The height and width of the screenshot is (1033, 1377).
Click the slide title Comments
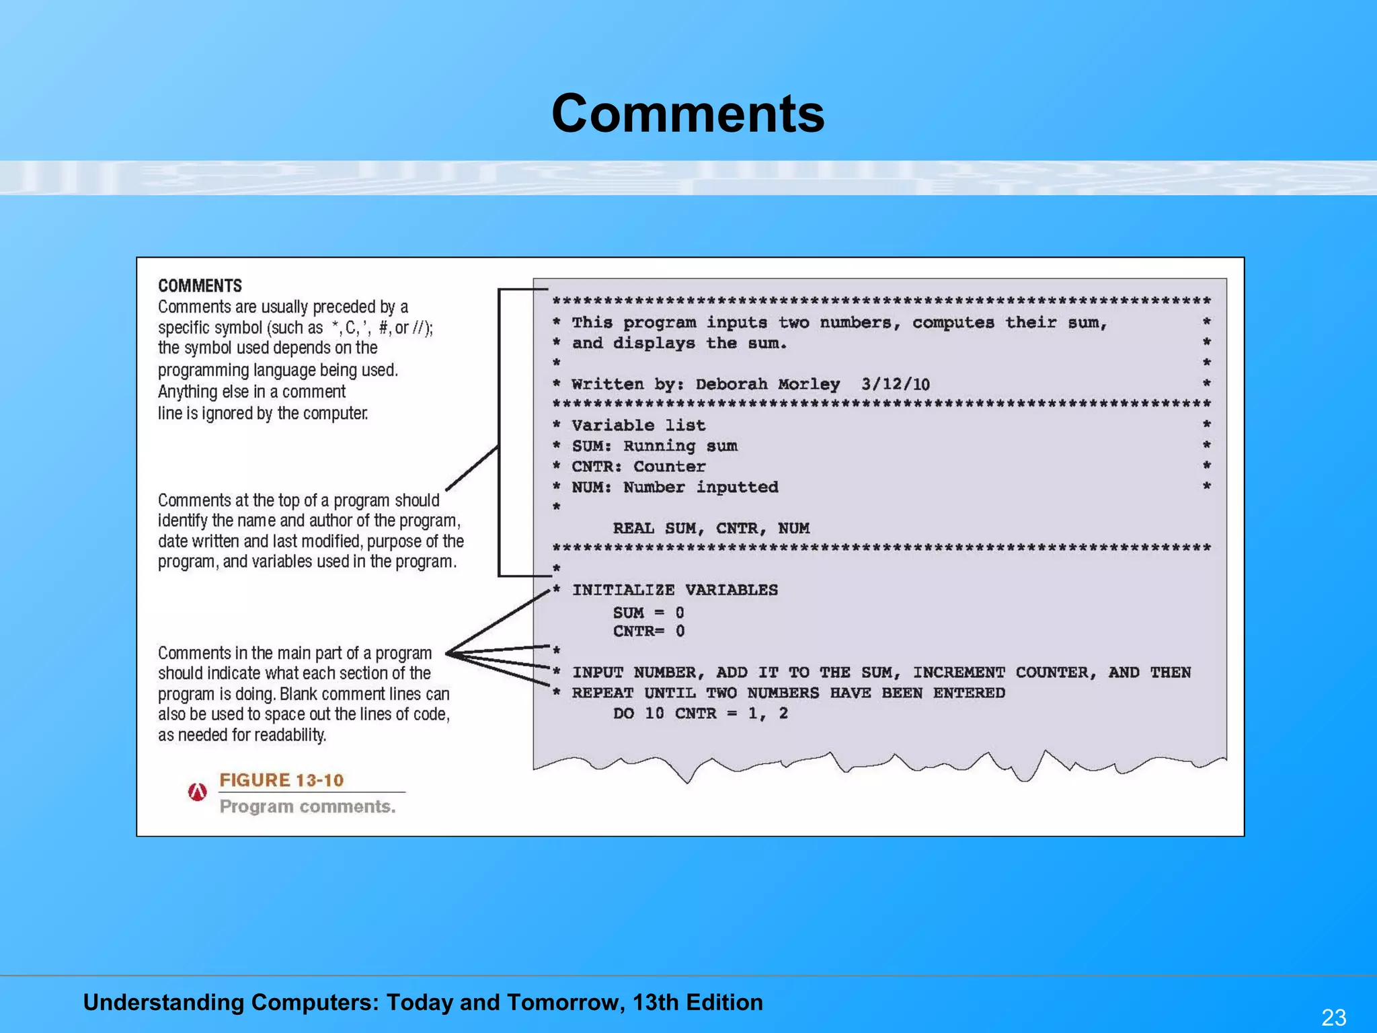pos(688,113)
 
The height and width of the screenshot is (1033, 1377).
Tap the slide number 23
pos(1334,1016)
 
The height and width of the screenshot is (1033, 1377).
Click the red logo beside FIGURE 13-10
pos(197,792)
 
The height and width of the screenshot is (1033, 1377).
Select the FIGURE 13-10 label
pos(281,780)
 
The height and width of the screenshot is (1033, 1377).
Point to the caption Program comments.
pos(307,806)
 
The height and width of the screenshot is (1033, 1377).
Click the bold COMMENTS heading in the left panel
pos(200,286)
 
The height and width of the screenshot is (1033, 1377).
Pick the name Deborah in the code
pos(732,384)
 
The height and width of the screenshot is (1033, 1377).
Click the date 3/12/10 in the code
pos(895,384)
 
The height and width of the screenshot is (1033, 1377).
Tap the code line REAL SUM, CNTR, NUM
pos(711,529)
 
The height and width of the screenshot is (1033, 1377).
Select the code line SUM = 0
pos(648,613)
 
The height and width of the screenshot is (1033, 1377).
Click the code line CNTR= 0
pos(648,631)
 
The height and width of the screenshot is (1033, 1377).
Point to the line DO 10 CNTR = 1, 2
pos(700,714)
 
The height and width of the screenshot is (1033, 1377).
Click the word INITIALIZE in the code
pos(623,590)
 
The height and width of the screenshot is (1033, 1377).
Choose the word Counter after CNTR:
pos(670,467)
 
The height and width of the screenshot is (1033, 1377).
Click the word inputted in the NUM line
pos(737,487)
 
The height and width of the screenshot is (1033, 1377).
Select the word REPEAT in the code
pos(602,693)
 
